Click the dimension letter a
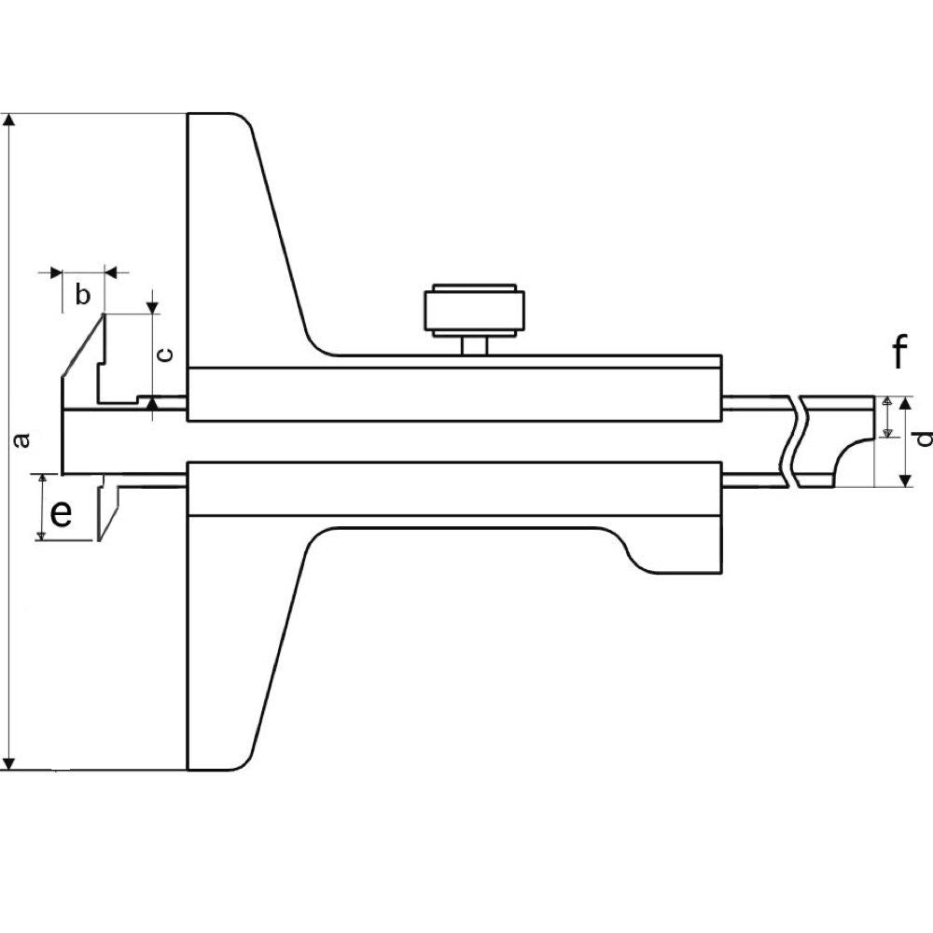[x=22, y=440]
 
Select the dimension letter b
[x=83, y=295]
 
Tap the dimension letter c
[x=167, y=355]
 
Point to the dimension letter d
[x=924, y=439]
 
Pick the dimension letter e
[x=62, y=513]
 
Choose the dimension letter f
[x=900, y=352]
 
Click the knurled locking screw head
[x=474, y=310]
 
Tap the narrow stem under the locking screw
[x=474, y=346]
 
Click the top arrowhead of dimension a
[x=8, y=119]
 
